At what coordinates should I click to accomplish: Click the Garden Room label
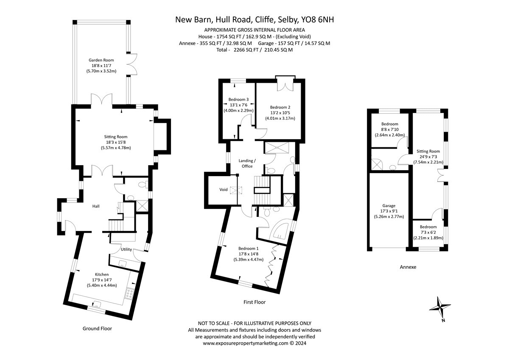coord(101,60)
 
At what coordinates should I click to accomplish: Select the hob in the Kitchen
coord(129,294)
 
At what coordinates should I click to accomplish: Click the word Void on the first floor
coord(224,189)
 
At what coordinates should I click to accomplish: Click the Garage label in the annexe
coord(389,205)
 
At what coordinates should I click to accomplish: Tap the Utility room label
coord(126,249)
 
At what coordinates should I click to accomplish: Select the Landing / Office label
coord(247,163)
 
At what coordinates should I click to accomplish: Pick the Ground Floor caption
coord(97,329)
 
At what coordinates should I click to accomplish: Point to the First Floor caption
coord(255,302)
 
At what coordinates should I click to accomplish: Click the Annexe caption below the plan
coord(408,267)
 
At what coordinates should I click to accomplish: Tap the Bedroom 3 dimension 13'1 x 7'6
coord(238,105)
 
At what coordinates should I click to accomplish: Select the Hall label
coord(96,206)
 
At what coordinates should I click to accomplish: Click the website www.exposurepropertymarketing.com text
coord(246,343)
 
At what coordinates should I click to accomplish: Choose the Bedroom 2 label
coord(280,107)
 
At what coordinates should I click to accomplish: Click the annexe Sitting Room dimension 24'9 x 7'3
coord(428,157)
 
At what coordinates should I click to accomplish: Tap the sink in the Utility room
coord(123,263)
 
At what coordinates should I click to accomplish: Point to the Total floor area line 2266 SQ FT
coord(255,50)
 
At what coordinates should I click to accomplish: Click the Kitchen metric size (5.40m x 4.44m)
coord(102,285)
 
